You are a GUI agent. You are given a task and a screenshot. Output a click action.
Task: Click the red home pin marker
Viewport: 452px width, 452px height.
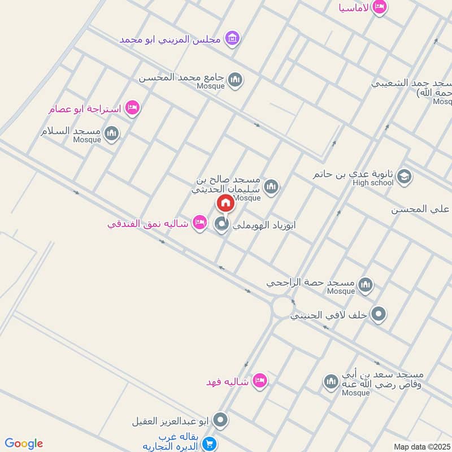[x=225, y=203]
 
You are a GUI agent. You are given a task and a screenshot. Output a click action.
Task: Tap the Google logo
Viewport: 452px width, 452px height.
[x=23, y=444]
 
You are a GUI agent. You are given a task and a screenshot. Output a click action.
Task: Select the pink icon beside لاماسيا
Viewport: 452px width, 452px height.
[x=380, y=7]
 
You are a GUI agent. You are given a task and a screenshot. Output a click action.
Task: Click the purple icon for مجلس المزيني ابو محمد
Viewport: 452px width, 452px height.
[x=231, y=39]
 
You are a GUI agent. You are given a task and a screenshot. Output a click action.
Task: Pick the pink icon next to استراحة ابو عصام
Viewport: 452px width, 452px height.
[x=132, y=107]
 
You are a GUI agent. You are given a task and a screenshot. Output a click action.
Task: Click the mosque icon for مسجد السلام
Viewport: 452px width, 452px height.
[x=112, y=133]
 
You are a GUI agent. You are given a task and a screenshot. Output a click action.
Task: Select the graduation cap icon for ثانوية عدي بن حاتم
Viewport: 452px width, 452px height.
[x=403, y=177]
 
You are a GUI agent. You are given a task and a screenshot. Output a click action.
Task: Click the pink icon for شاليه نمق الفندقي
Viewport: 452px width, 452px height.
[x=199, y=223]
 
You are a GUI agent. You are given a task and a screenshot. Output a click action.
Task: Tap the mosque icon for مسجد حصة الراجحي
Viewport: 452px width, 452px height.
[x=366, y=284]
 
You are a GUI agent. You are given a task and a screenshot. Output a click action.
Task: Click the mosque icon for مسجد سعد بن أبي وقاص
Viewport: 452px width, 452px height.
[x=331, y=383]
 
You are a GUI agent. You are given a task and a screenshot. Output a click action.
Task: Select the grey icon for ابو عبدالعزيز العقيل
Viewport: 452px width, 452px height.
[x=221, y=420]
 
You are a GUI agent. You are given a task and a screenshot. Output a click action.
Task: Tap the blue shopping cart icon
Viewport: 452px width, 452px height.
[x=209, y=445]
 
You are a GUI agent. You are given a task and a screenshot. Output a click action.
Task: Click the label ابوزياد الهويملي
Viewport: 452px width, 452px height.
[x=264, y=224]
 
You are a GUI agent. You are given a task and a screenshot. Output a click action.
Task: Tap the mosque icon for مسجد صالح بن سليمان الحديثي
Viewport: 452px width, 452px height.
[x=271, y=186]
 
